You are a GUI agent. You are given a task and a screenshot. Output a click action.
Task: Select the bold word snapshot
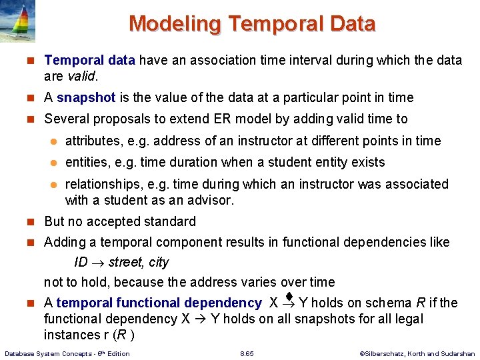(x=86, y=97)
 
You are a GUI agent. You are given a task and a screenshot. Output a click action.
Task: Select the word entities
(x=85, y=162)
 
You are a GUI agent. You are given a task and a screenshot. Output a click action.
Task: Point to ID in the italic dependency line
(x=81, y=262)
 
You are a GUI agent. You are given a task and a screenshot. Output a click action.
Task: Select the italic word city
(x=157, y=262)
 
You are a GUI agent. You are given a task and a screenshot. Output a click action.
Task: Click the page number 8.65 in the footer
(x=247, y=353)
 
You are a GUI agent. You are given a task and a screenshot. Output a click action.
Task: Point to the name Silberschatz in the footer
(x=381, y=353)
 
